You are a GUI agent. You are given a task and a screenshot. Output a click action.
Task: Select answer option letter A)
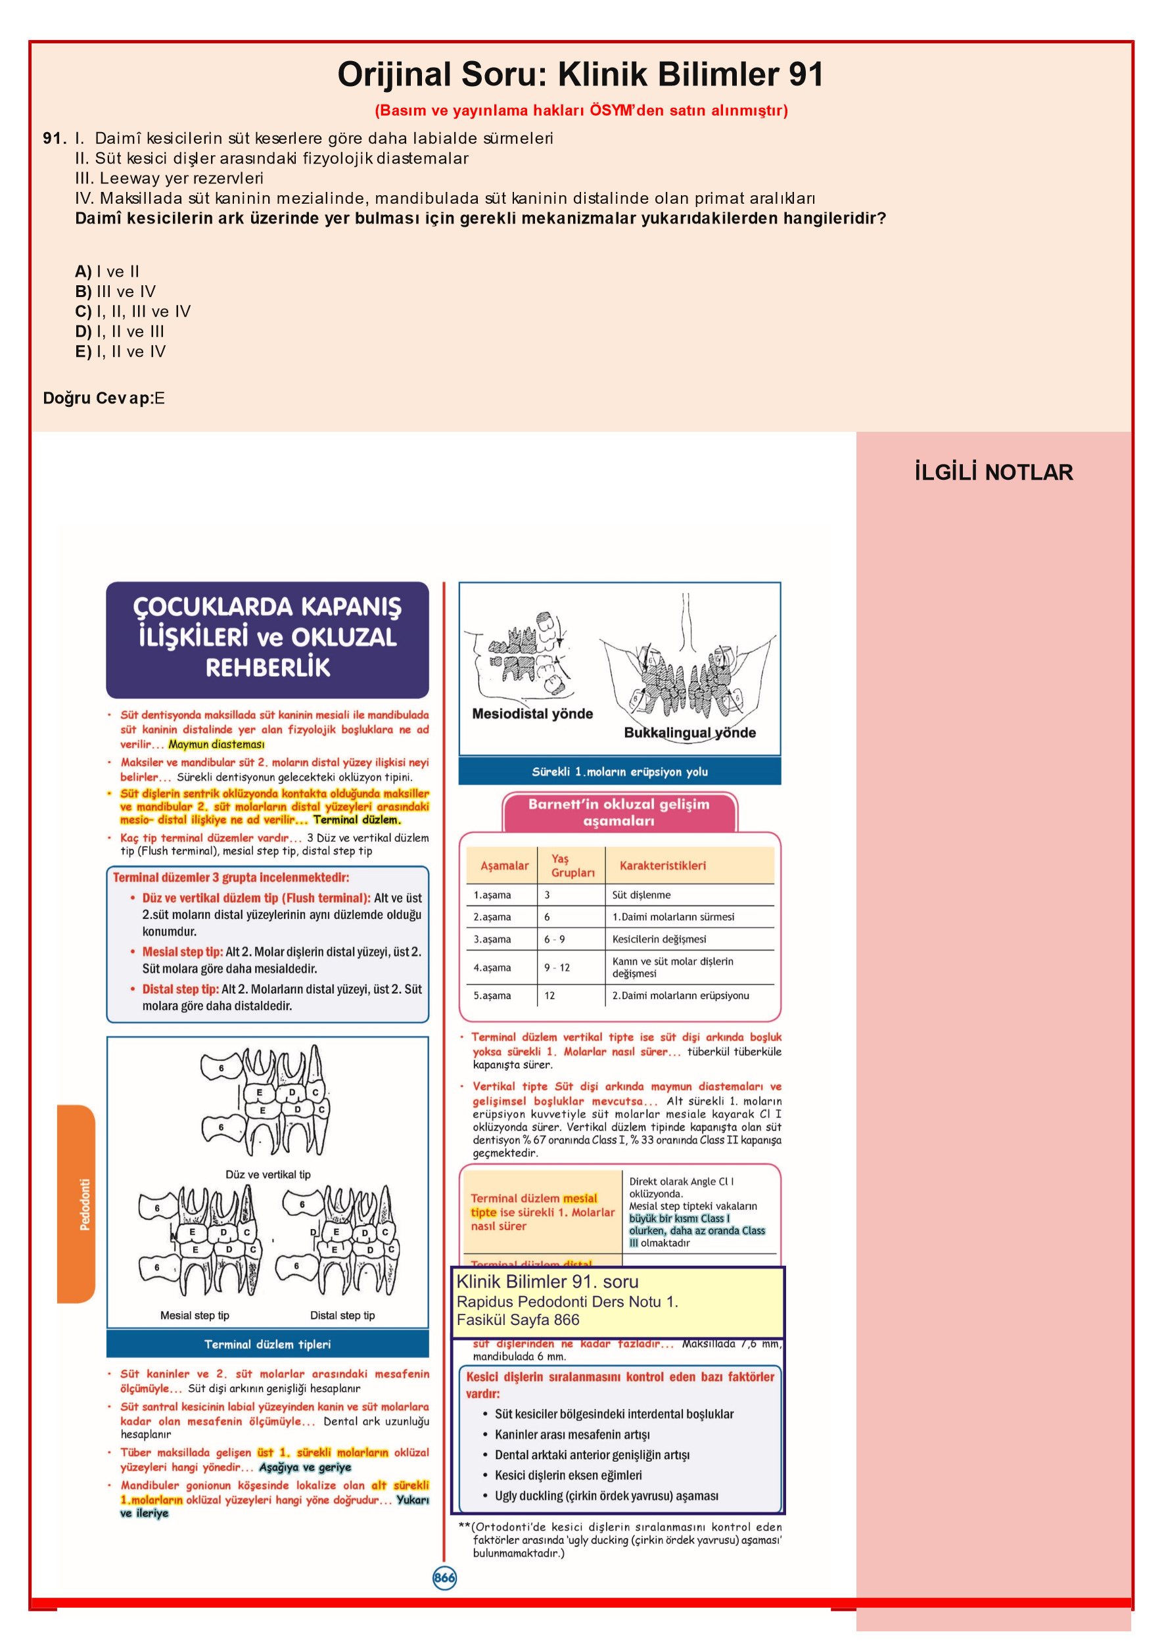[83, 272]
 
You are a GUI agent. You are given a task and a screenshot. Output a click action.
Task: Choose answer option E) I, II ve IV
[120, 352]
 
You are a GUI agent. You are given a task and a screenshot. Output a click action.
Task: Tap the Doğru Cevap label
[97, 398]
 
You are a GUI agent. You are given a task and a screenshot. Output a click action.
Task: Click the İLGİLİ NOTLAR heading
[993, 473]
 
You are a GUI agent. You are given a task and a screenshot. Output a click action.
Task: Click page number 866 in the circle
[444, 1577]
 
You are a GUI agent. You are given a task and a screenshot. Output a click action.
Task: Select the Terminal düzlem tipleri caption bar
[267, 1344]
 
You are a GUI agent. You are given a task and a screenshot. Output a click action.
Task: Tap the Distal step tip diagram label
[342, 1315]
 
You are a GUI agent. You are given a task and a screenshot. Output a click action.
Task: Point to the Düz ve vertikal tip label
[268, 1174]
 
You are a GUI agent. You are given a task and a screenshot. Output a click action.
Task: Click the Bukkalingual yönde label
[690, 733]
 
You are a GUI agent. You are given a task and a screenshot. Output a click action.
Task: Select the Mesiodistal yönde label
[532, 714]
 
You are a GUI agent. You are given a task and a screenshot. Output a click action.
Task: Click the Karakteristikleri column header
[662, 866]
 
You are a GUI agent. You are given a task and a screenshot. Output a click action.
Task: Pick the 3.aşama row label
[492, 939]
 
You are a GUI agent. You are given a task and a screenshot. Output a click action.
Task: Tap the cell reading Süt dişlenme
[641, 895]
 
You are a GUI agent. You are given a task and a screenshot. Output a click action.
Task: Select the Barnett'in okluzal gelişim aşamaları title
[618, 812]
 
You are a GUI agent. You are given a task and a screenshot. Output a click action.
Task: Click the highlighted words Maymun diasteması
[216, 744]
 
